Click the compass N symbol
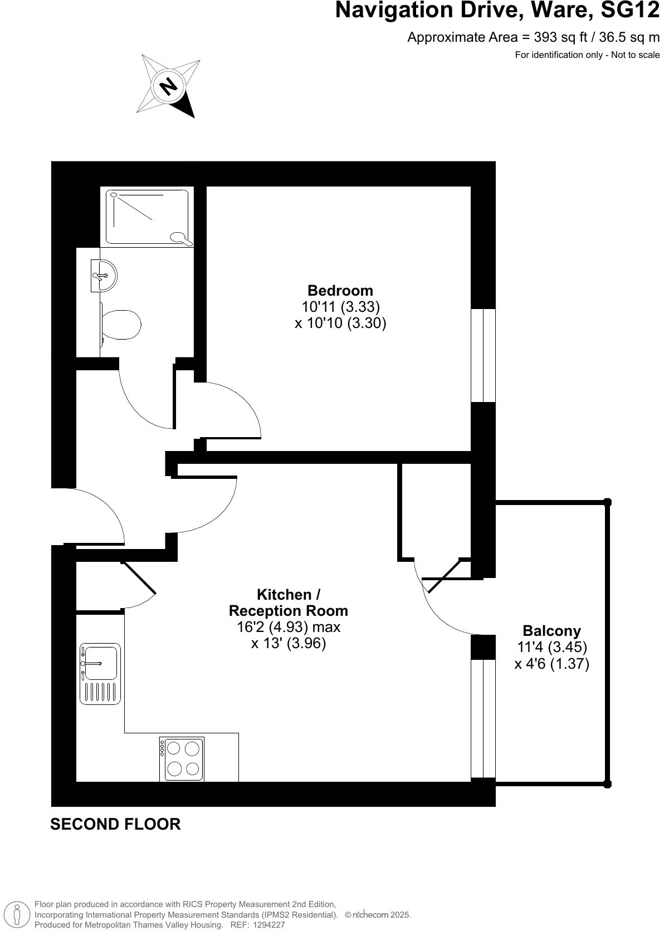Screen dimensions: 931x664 (168, 86)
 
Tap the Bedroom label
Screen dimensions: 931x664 (340, 290)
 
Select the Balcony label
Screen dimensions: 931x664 (551, 631)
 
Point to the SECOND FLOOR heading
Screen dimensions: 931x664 (115, 824)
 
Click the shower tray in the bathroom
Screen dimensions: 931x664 (147, 216)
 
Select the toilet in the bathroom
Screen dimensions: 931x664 (120, 325)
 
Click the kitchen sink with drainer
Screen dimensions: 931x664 (100, 674)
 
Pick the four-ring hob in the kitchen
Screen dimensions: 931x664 (182, 759)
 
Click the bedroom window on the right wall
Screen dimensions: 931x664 (483, 355)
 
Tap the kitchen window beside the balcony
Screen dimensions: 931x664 (483, 718)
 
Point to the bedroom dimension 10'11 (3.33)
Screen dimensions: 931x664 (340, 307)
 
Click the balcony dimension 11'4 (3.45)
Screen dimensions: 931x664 (551, 648)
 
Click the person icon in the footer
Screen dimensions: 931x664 (18, 915)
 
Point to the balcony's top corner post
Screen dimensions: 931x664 (608, 502)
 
